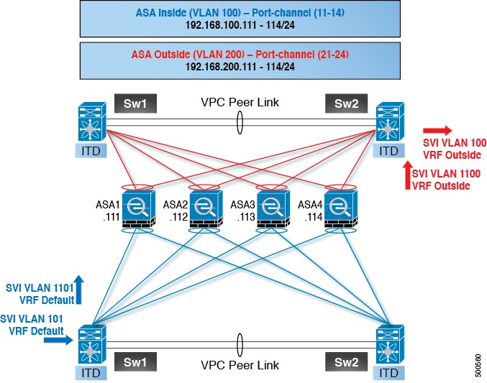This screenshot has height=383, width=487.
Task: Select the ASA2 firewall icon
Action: (204, 209)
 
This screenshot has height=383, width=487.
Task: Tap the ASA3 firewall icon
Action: (271, 209)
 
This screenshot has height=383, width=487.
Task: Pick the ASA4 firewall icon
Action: (339, 209)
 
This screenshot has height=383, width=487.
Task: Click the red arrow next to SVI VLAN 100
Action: (437, 131)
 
